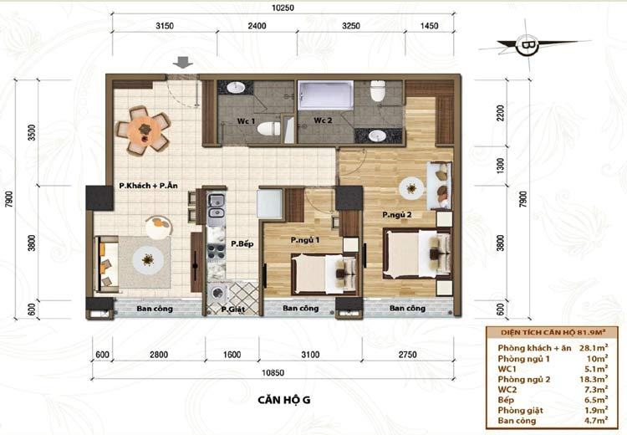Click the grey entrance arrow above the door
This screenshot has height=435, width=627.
(x=183, y=63)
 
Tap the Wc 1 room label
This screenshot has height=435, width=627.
(x=246, y=120)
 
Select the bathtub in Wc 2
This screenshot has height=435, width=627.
(x=325, y=95)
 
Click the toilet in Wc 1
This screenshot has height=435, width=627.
(x=268, y=129)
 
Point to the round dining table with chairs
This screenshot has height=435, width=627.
(x=143, y=130)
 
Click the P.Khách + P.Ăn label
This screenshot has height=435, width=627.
(x=148, y=186)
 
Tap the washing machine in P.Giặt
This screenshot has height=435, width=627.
(x=218, y=294)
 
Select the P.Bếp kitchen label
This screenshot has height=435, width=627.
(x=242, y=243)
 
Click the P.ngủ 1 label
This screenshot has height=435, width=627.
(x=304, y=240)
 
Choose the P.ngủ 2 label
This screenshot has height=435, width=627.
(x=397, y=215)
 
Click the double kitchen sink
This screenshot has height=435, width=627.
(x=216, y=206)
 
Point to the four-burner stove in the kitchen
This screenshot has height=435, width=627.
(x=216, y=250)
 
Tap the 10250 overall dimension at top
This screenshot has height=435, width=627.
(x=283, y=8)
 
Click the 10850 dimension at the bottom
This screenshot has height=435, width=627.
(x=273, y=373)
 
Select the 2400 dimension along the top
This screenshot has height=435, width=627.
(x=257, y=26)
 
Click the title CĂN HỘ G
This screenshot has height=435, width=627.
(x=284, y=400)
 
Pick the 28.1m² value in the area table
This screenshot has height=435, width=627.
(x=594, y=347)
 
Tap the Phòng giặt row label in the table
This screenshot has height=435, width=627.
(x=520, y=411)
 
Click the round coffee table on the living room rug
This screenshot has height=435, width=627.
(x=148, y=260)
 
